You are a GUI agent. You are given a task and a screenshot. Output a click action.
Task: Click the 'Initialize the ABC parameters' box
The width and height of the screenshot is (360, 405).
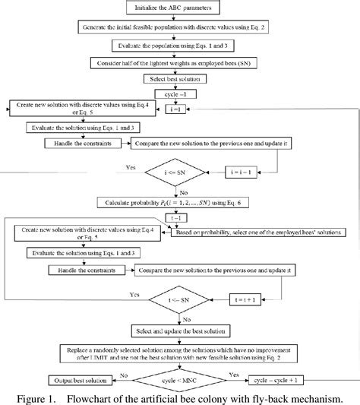(x=177, y=9)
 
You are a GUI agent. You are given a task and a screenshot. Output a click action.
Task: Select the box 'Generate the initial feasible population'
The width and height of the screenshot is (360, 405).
(x=177, y=27)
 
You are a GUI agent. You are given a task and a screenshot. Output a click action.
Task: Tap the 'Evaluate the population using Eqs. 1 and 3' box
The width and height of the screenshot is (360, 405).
(x=177, y=45)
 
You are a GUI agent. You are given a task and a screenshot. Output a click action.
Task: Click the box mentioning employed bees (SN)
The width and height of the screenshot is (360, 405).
(x=177, y=62)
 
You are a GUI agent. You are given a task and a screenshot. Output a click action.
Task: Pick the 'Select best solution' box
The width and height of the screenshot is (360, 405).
(x=177, y=79)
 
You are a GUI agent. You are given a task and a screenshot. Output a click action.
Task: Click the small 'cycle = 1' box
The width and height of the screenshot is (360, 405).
(x=177, y=95)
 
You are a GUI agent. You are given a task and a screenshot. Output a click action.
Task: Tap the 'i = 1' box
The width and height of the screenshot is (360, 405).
(x=177, y=109)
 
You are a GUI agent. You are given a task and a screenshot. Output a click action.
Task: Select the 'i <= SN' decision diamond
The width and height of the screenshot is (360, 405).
(x=177, y=172)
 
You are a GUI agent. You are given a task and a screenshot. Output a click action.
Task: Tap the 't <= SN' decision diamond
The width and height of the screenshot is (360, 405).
(x=176, y=299)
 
